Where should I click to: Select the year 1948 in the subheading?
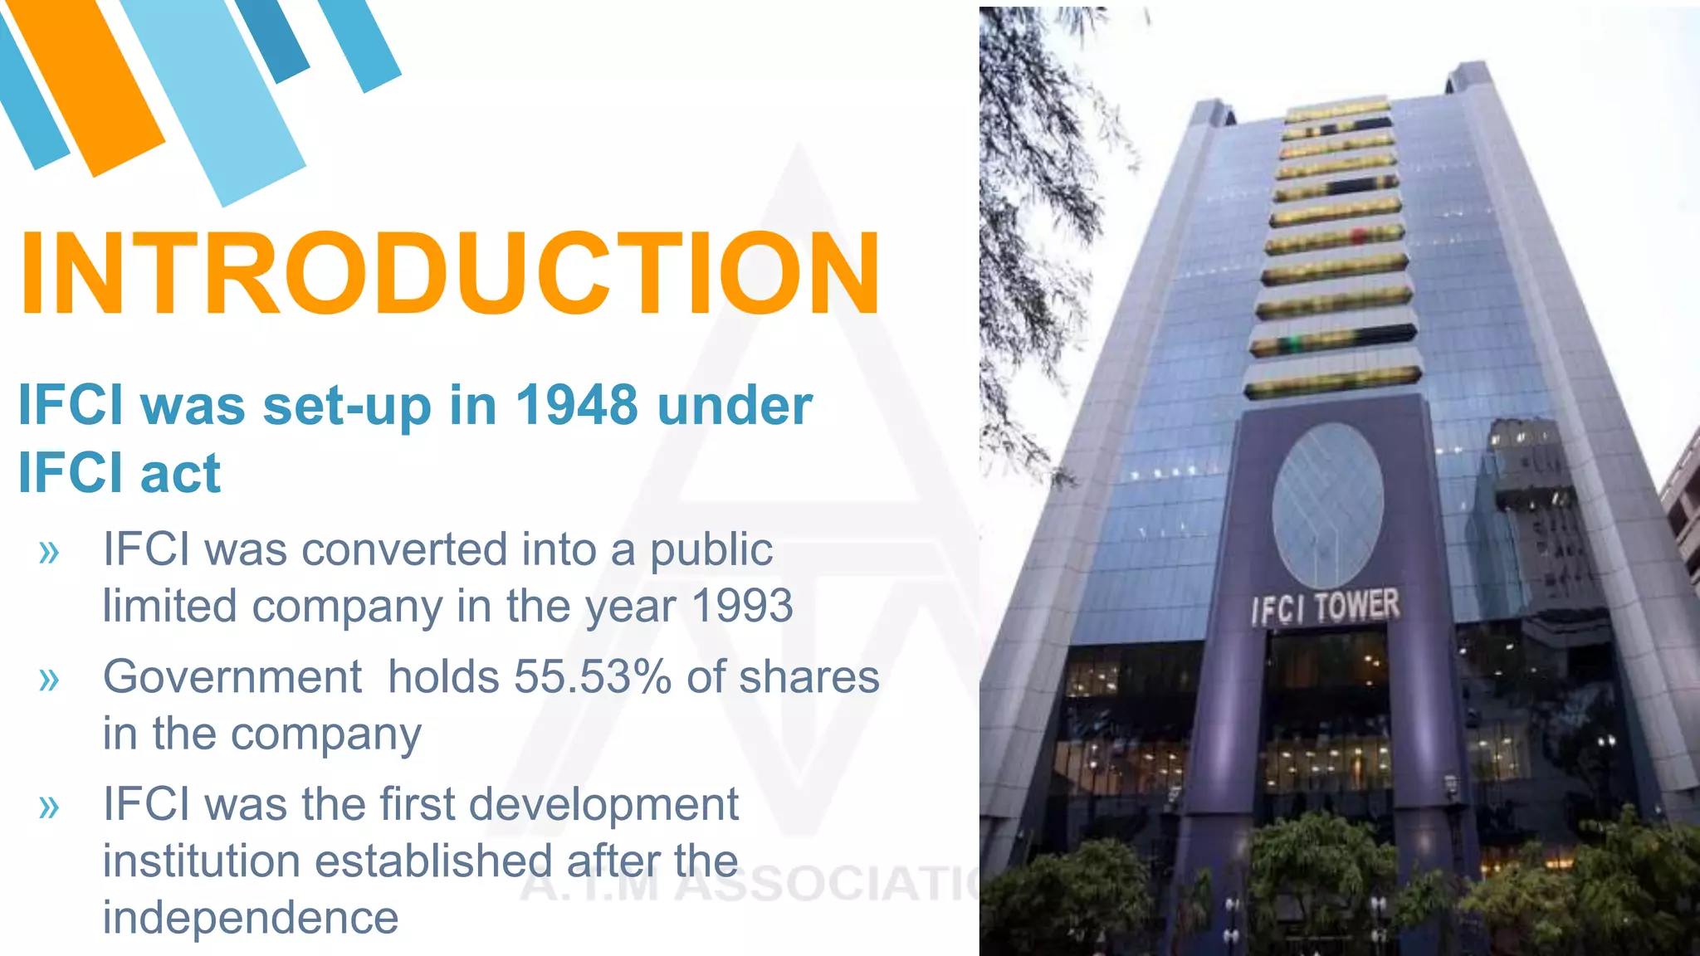click(577, 406)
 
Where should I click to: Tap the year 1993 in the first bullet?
click(742, 606)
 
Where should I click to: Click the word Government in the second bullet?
click(232, 677)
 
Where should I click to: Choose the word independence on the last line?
click(251, 918)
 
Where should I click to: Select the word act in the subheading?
click(180, 474)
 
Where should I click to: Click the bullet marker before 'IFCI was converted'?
click(50, 552)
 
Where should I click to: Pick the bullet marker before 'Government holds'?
click(50, 680)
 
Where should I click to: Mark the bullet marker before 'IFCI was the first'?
click(50, 807)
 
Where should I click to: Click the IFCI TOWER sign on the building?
click(1325, 607)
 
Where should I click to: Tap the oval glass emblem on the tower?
click(1327, 505)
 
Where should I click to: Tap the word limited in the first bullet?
click(169, 606)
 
